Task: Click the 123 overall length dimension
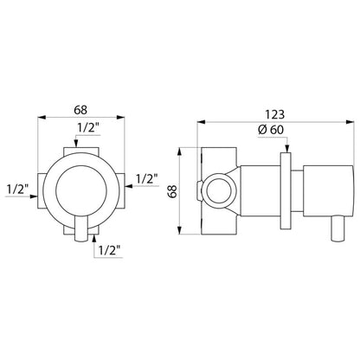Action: (274, 114)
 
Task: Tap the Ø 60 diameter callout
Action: (271, 130)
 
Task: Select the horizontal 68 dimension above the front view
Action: (80, 110)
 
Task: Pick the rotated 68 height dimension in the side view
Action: (173, 191)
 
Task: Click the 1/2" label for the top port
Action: (88, 128)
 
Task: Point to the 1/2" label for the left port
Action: (17, 190)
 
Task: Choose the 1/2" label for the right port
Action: (146, 179)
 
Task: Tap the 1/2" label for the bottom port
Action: (109, 250)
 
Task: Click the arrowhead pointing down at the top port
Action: (76, 144)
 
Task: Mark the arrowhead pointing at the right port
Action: (128, 186)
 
